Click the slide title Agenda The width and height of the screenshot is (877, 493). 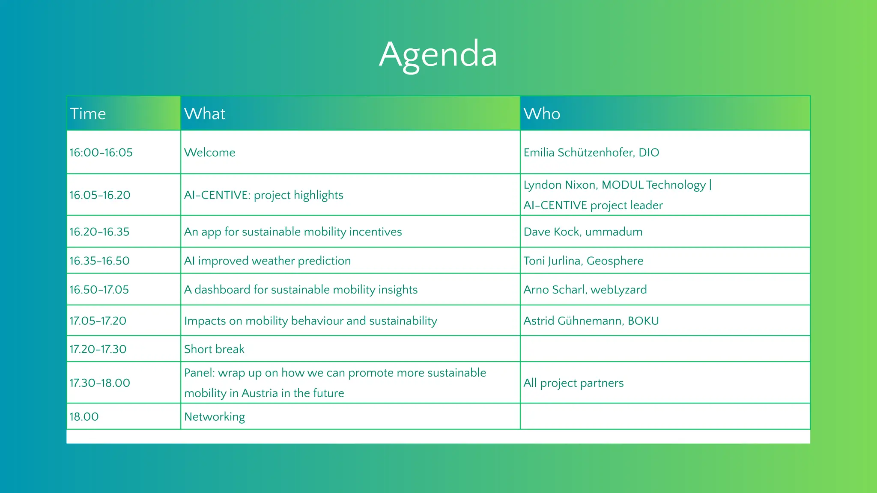438,55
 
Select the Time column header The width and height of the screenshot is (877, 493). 88,114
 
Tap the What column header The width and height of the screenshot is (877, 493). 205,114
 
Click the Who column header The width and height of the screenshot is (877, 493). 542,114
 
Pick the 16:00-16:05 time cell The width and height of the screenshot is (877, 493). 101,153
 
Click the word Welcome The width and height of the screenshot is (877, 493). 210,153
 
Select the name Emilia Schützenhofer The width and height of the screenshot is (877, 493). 578,153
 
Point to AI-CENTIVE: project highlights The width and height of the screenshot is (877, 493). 263,195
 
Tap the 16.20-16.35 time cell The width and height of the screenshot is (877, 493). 99,232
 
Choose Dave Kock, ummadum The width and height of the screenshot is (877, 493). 583,232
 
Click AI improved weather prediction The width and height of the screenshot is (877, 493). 267,261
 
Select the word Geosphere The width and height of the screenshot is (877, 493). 615,261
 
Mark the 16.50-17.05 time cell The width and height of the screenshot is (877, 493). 99,290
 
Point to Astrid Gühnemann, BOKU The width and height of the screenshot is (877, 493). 591,321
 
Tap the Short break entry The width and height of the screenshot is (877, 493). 214,349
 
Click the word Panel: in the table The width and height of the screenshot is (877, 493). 200,373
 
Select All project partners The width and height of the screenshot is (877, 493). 573,383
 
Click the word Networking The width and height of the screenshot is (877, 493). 215,417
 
